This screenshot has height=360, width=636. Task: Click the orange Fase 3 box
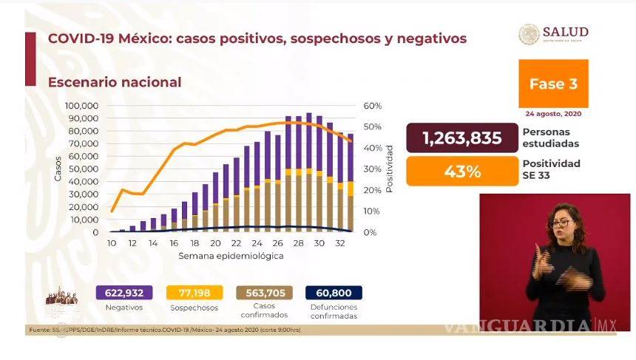tap(553, 84)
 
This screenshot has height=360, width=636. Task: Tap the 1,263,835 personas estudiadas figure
tap(461, 138)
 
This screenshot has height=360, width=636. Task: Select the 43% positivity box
tap(461, 172)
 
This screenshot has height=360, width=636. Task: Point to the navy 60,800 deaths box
tap(333, 293)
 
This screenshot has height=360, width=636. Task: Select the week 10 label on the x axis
tap(111, 243)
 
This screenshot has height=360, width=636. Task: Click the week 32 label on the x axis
tap(339, 243)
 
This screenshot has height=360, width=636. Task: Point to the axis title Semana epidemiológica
tap(230, 256)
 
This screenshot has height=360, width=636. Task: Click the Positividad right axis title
tap(390, 169)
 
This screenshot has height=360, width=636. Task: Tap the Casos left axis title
tap(58, 169)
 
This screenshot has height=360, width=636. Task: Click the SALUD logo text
tap(565, 33)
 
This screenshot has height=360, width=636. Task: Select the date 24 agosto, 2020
tap(553, 114)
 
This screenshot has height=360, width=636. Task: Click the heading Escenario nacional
tap(115, 82)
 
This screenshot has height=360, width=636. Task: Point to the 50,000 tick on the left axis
tap(85, 169)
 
